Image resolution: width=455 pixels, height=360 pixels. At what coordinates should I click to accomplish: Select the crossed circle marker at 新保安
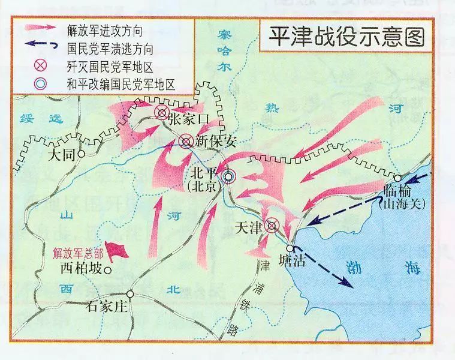[x=186, y=142]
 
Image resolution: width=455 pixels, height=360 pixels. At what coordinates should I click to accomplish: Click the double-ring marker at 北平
[x=228, y=176]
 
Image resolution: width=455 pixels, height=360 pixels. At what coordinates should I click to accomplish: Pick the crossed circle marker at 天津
[x=272, y=226]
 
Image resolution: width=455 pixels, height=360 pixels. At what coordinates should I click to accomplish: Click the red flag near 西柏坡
[x=120, y=250]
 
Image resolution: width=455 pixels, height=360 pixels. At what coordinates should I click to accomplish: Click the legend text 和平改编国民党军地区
[x=123, y=85]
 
